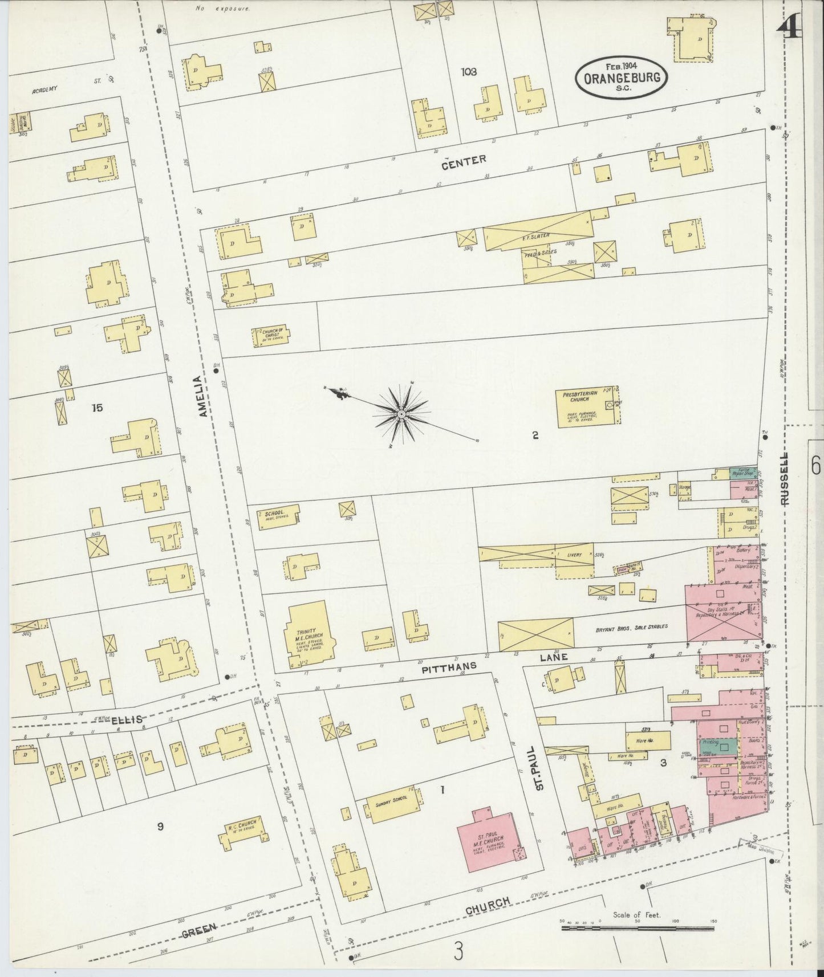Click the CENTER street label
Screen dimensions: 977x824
point(464,161)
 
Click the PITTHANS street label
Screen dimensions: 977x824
point(449,665)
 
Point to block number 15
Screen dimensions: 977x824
point(97,408)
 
